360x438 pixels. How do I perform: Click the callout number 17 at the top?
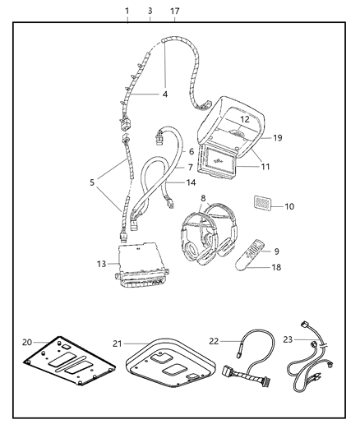click(174, 11)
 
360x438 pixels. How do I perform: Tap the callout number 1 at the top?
click(127, 11)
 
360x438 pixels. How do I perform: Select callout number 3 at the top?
click(150, 11)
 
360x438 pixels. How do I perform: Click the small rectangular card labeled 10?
click(261, 204)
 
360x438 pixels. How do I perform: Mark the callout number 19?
click(277, 138)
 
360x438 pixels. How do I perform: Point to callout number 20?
click(27, 342)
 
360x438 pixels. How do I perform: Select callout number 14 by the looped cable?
click(191, 182)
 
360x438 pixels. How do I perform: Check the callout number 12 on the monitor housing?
click(244, 120)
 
